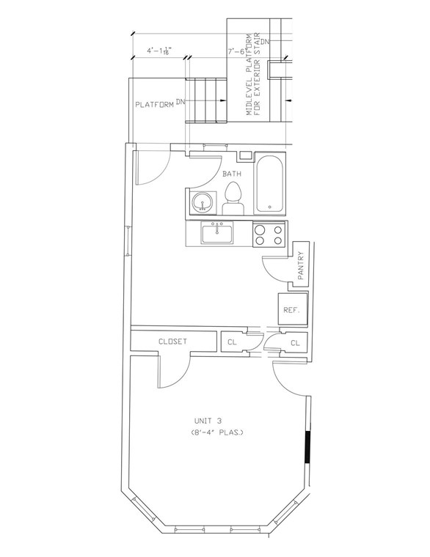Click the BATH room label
232,174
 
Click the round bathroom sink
203,202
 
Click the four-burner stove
269,234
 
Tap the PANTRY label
301,265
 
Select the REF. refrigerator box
292,310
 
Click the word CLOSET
173,342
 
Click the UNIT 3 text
208,421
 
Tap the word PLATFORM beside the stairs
154,105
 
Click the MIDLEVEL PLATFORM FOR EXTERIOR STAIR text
253,73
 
